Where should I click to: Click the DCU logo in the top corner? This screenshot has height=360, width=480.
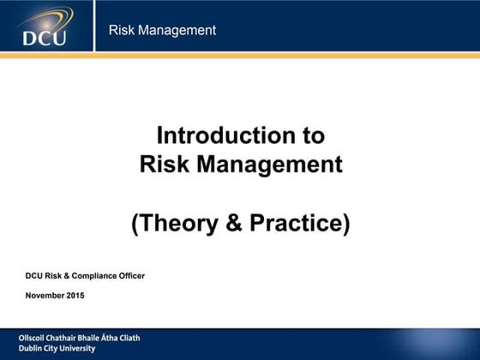click(x=43, y=28)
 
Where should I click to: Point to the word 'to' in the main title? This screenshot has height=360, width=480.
click(x=313, y=136)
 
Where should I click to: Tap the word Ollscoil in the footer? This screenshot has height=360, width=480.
click(x=34, y=338)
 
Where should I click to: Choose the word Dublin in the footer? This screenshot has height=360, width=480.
click(x=32, y=349)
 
